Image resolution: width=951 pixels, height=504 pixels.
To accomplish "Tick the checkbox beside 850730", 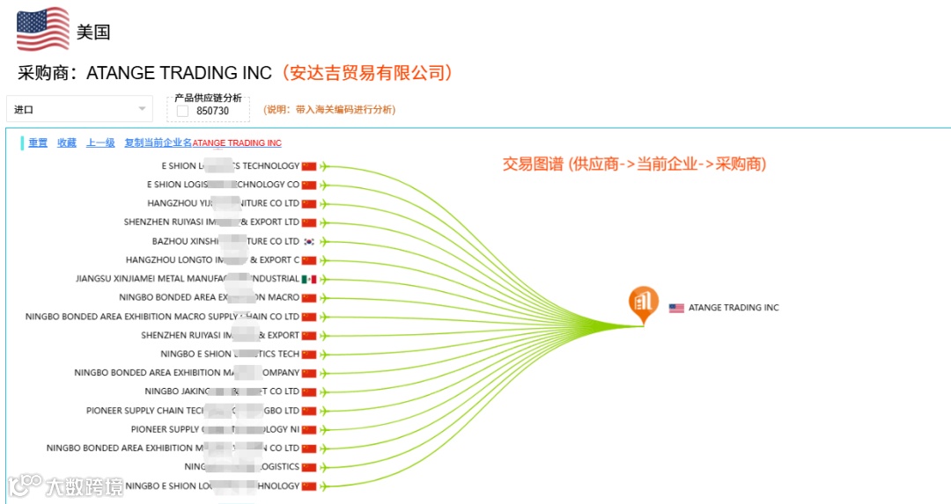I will point(182,111).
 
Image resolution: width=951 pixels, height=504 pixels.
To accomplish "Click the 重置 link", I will point(38,142).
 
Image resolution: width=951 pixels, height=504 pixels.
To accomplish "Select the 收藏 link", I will point(67,142).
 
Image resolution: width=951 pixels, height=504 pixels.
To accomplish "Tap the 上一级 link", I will point(100,142).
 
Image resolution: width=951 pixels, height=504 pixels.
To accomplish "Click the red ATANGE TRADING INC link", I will point(237,143).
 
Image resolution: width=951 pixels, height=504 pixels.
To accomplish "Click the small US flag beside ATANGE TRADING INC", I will point(676,308).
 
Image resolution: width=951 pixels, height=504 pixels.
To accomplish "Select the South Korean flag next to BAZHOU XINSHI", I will point(308,241).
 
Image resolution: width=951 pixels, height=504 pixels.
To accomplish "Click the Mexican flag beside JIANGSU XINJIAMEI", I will point(308,279).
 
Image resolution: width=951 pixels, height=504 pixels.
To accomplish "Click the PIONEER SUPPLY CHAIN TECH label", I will point(192,411).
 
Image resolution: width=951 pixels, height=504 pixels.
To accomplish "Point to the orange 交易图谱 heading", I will point(634,164).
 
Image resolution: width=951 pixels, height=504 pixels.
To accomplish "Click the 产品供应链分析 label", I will point(208,98).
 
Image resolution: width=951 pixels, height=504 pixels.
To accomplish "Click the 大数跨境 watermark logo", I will point(66,485).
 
